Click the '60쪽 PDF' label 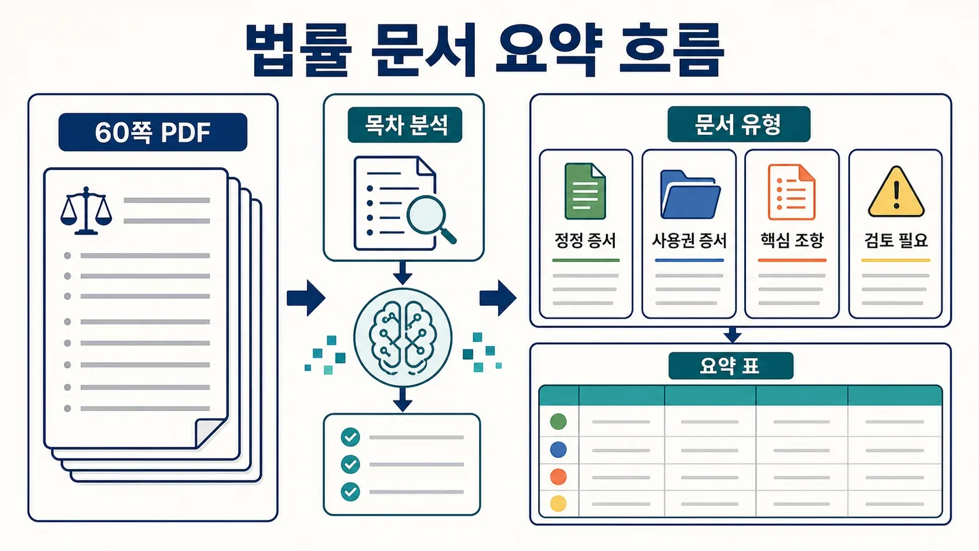153,132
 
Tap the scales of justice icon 86,211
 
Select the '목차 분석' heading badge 405,125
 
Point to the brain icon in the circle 402,338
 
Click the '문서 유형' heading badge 738,124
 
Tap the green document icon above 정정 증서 585,191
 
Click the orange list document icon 792,192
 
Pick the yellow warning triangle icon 896,192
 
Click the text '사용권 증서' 689,240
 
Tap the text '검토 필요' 895,240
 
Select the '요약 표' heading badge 731,366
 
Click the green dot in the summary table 559,421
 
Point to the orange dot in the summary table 559,476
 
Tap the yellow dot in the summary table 559,504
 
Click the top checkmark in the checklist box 350,437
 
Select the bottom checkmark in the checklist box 350,492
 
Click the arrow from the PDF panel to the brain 306,298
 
